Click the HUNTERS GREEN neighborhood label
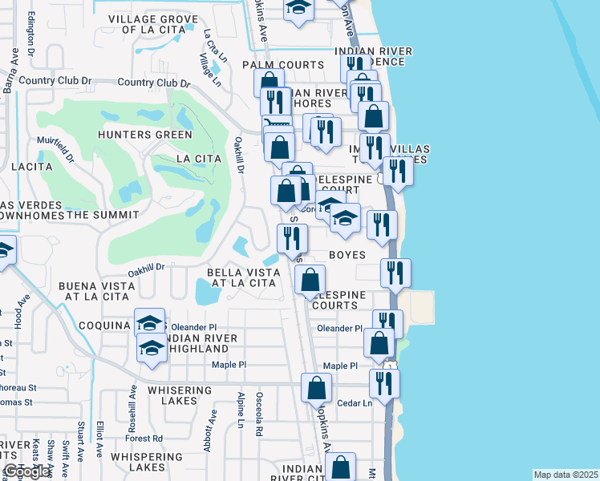pos(145,135)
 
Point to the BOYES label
pos(347,255)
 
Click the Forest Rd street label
pos(144,439)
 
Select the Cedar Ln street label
pos(355,403)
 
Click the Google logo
pos(26,471)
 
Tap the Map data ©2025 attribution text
pos(566,475)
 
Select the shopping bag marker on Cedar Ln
pos(317,387)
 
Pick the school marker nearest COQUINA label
pos(149,322)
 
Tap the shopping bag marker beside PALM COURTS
pos(270,82)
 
